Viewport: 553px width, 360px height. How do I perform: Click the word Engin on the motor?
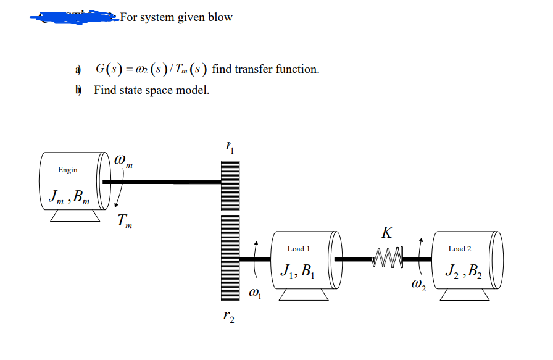[x=68, y=170]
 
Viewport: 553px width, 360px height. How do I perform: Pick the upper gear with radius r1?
[x=230, y=182]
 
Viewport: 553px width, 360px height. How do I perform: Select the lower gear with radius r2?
[x=230, y=259]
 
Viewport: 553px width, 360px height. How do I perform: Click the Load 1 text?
[x=299, y=249]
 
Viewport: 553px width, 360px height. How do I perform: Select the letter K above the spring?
[x=386, y=233]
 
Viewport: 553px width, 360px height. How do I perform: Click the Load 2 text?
[x=460, y=249]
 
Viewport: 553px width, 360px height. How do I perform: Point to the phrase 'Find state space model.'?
[x=151, y=90]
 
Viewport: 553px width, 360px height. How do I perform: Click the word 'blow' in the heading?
[x=220, y=17]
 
